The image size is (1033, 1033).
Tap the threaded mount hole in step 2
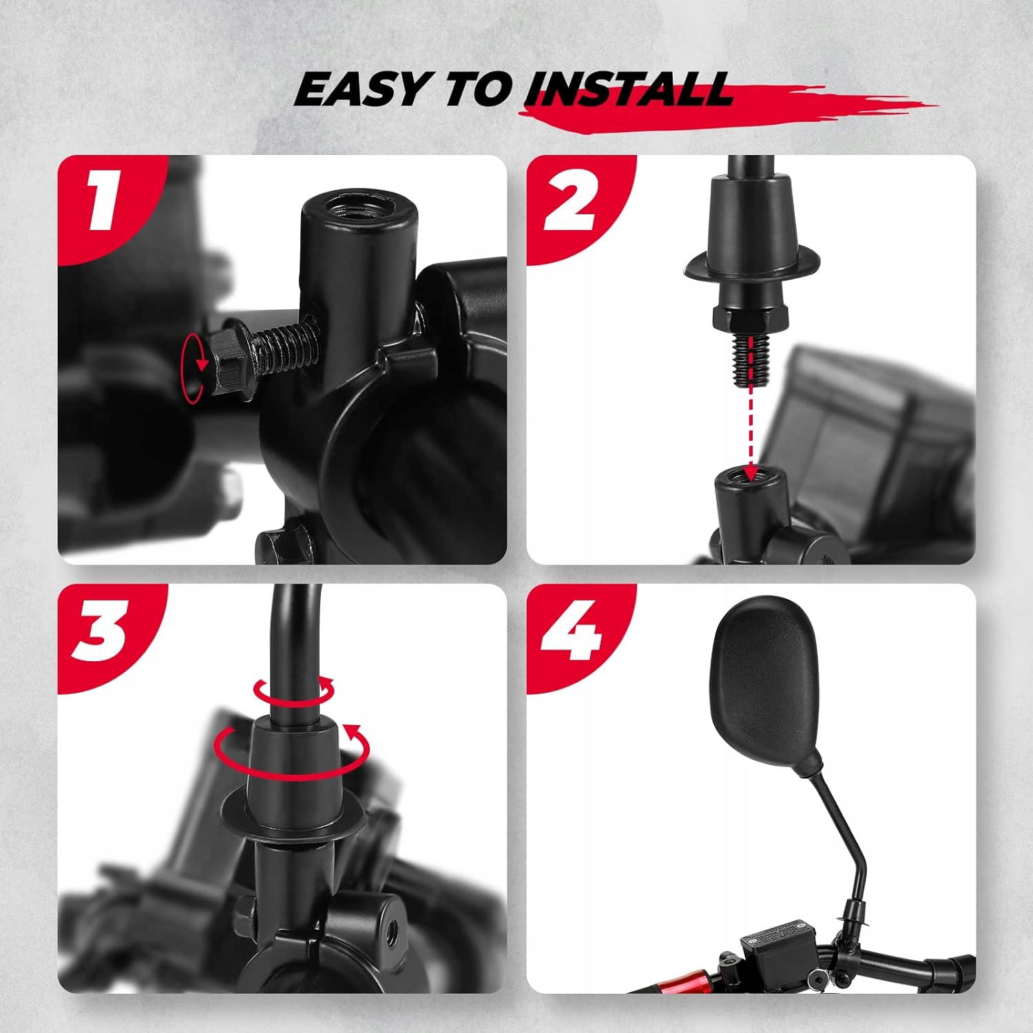coord(749,474)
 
